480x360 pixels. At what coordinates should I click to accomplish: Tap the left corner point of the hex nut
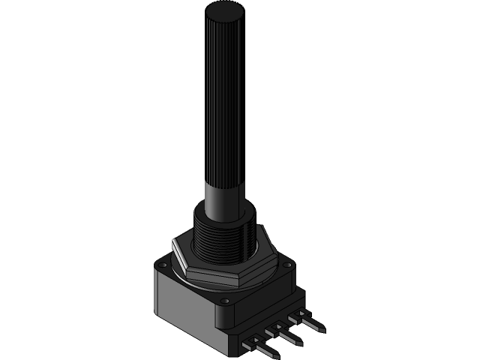coord(174,244)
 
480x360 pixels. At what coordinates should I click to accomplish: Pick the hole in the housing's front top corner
coord(223,300)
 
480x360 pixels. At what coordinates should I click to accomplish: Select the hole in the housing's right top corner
coord(287,264)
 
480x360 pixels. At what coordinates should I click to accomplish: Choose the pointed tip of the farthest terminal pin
coord(323,328)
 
